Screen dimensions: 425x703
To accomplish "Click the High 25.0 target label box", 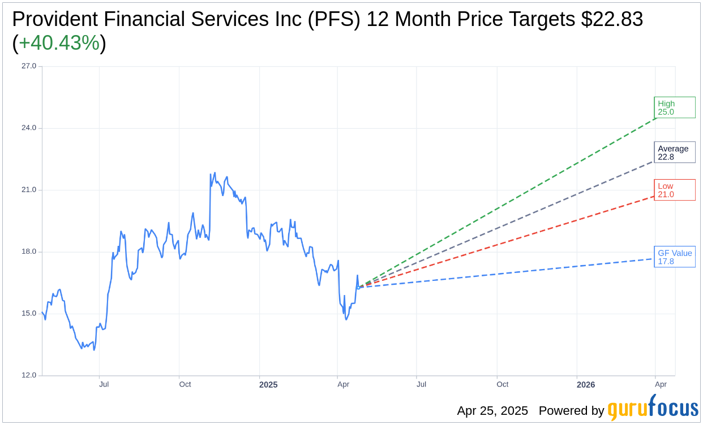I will point(674,107).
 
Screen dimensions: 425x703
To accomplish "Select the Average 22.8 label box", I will point(674,153).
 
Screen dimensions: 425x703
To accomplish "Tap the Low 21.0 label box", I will point(674,190).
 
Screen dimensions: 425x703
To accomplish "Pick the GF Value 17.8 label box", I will point(674,257).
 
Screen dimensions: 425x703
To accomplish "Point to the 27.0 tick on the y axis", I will point(29,66).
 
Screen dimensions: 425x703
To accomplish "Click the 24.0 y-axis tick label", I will point(29,128).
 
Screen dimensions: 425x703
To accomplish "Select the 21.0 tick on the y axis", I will point(29,190).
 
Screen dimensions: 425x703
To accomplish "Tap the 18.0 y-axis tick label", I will point(29,251).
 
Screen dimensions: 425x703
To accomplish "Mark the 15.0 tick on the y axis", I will point(29,314).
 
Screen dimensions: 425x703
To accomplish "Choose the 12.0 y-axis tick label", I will point(29,375).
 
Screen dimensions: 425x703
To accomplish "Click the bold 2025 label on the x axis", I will point(268,385).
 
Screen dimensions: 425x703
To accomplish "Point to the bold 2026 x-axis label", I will point(586,385).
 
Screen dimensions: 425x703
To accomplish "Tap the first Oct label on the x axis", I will point(185,384).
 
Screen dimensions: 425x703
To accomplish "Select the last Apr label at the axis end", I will point(661,384).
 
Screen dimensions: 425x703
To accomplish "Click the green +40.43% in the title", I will point(59,43).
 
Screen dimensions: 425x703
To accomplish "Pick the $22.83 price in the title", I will point(612,19).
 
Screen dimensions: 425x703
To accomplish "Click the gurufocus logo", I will point(653,408).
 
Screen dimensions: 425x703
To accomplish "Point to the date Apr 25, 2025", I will point(492,411).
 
